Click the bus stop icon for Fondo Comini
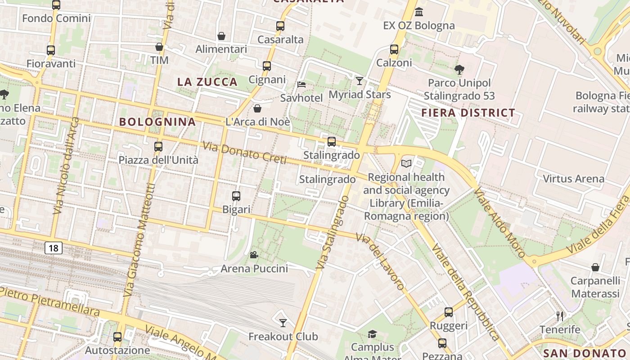[x=56, y=5]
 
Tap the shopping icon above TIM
[x=159, y=47]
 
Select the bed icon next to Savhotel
[x=301, y=84]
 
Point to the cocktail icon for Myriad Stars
[x=360, y=81]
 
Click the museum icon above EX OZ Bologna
[x=419, y=12]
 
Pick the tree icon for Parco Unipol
[x=459, y=69]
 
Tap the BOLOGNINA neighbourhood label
[x=157, y=121]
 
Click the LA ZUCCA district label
[x=207, y=82]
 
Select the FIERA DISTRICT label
[x=468, y=113]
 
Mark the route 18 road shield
[x=53, y=247]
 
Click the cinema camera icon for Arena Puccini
[x=254, y=255]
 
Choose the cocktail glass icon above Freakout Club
[x=283, y=323]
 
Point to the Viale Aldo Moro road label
[x=499, y=222]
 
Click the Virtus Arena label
[x=573, y=179]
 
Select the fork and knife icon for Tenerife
[x=560, y=316]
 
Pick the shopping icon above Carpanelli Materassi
[x=595, y=267]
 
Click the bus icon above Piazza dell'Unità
[x=158, y=146]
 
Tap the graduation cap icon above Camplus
[x=372, y=334]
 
